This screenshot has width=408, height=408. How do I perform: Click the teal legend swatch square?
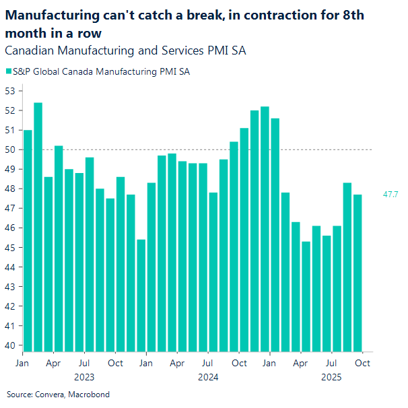tap(8, 71)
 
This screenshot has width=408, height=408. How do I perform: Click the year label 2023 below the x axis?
tap(84, 377)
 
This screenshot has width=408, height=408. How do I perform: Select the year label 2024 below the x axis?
tap(208, 377)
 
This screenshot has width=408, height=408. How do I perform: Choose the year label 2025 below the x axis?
tap(331, 377)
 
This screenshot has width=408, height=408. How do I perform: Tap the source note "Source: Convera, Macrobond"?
tap(58, 394)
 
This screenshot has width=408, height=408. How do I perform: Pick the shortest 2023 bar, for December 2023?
tap(141, 296)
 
